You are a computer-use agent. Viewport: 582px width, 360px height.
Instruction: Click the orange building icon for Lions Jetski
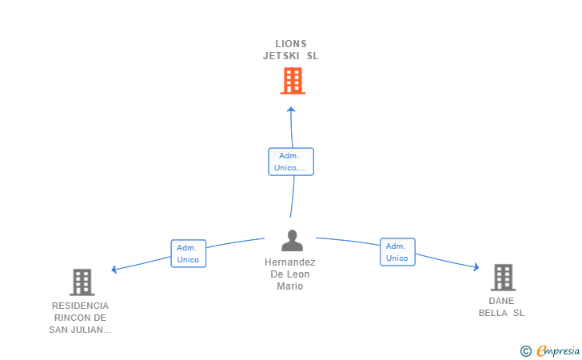[x=293, y=81]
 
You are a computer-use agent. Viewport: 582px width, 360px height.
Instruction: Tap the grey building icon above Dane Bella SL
[x=503, y=278]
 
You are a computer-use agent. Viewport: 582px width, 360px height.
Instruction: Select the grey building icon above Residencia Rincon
[x=82, y=282]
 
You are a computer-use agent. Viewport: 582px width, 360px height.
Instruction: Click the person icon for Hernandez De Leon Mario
[x=292, y=240]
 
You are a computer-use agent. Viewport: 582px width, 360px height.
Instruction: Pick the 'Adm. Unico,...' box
[x=291, y=162]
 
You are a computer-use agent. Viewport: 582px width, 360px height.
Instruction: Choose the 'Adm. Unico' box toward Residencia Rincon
[x=188, y=254]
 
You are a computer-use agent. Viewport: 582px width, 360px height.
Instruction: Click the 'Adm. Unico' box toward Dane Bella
[x=397, y=252]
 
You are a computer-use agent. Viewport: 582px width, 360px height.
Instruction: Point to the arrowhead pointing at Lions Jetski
[x=291, y=110]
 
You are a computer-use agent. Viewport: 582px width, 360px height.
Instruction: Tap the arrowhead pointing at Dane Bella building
[x=476, y=266]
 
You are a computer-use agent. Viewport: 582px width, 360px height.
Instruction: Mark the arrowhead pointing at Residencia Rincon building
[x=114, y=270]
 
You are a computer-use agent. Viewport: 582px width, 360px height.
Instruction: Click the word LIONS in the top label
[x=291, y=44]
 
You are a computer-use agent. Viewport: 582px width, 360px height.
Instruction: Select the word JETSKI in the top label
[x=281, y=56]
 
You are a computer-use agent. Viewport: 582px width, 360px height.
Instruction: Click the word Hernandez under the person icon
[x=290, y=262]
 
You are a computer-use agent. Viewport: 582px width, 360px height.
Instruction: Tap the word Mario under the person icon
[x=290, y=286]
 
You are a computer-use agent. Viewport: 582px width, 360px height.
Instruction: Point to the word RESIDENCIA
[x=80, y=306]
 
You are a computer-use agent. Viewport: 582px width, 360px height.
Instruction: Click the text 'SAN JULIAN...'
[x=80, y=330]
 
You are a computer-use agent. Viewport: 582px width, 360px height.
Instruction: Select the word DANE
[x=501, y=301]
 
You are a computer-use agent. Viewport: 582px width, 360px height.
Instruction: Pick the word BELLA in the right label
[x=493, y=313]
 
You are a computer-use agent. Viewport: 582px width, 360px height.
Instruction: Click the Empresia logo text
[x=558, y=350]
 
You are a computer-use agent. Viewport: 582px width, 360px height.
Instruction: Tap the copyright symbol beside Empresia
[x=526, y=351]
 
